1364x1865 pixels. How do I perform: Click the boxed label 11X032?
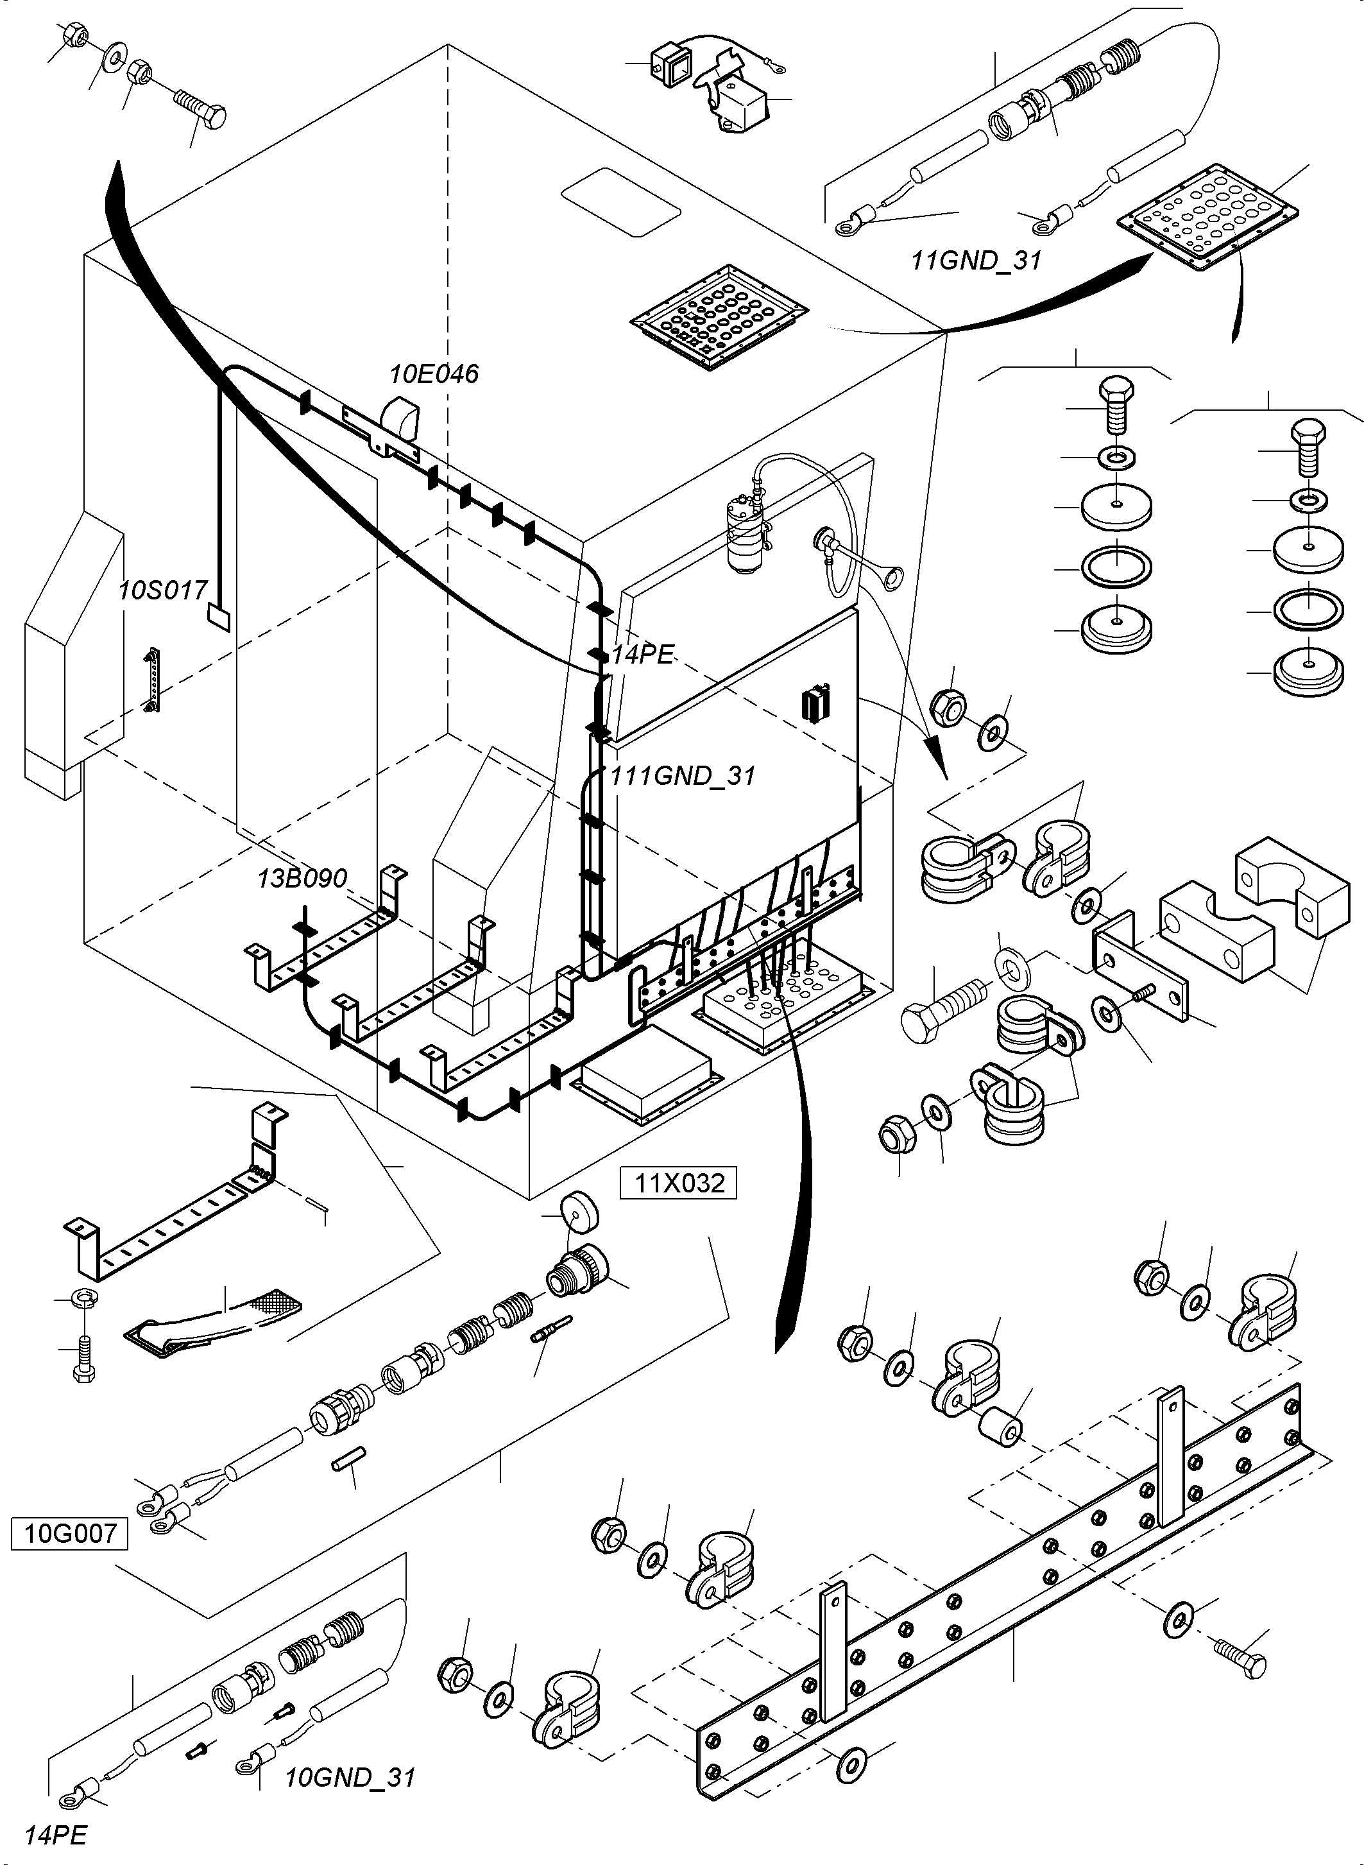679,1183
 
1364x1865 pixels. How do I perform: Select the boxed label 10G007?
69,1534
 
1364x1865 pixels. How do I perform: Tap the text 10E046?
434,374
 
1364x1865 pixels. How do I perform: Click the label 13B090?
302,877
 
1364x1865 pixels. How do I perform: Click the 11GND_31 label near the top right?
976,260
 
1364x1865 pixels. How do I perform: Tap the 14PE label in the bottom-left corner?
55,1836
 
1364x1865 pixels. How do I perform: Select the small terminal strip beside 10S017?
153,680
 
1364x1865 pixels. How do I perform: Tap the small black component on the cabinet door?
815,705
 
